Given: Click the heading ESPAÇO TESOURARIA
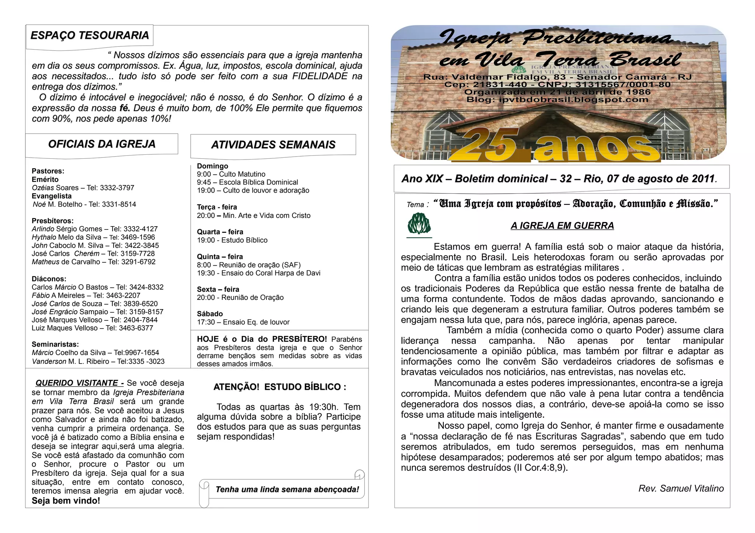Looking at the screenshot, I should tap(90, 35).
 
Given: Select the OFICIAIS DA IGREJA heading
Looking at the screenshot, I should tap(102, 144).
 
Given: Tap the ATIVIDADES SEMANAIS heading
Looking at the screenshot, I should tap(273, 145).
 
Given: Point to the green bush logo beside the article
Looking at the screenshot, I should tap(419, 224).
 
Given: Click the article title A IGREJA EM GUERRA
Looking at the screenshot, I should tap(562, 226).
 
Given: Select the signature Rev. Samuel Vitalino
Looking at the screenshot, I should tap(681, 488).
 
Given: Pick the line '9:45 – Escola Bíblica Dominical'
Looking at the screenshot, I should tap(247, 182).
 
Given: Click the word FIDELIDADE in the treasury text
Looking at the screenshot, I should tap(320, 76).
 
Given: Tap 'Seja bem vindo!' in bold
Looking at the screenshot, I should tap(66, 501).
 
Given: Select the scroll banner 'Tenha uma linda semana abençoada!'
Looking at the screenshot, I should tap(287, 490).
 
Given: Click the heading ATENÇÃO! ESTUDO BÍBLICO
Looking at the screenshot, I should tap(280, 387).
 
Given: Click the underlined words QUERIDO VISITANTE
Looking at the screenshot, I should tap(77, 383).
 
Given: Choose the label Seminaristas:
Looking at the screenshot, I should tap(55, 344).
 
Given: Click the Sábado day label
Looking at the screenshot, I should tap(210, 314).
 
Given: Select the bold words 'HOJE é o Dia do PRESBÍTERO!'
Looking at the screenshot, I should tap(262, 339).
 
